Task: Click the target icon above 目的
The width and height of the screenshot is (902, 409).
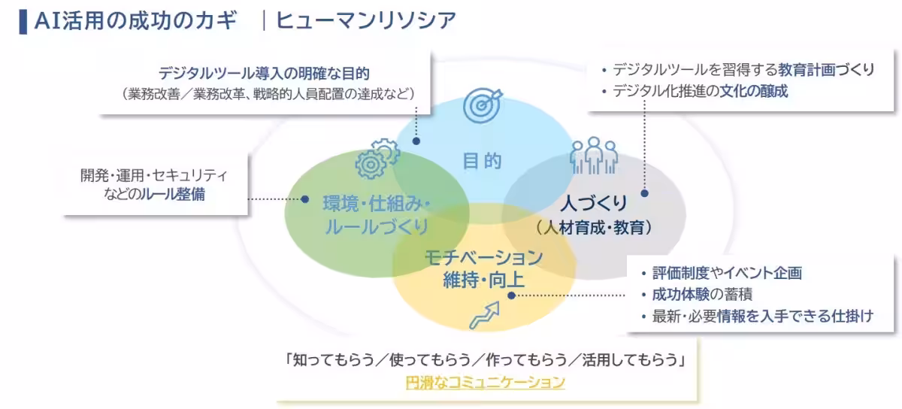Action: (483, 106)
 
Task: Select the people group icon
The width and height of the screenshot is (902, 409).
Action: (594, 154)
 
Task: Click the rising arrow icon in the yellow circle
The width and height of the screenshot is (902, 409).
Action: (484, 315)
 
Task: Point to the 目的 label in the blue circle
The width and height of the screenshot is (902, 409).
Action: (482, 161)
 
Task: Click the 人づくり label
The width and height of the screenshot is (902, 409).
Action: (594, 203)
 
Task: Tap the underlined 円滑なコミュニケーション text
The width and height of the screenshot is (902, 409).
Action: (485, 382)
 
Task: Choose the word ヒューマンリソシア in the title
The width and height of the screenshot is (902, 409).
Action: (366, 20)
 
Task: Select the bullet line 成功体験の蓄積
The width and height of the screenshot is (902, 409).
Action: (703, 294)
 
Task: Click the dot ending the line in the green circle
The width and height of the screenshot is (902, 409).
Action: (305, 199)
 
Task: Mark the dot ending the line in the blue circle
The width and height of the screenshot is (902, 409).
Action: (416, 140)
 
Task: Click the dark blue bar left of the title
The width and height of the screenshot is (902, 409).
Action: (23, 20)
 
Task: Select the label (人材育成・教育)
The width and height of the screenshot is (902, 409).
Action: (594, 226)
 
